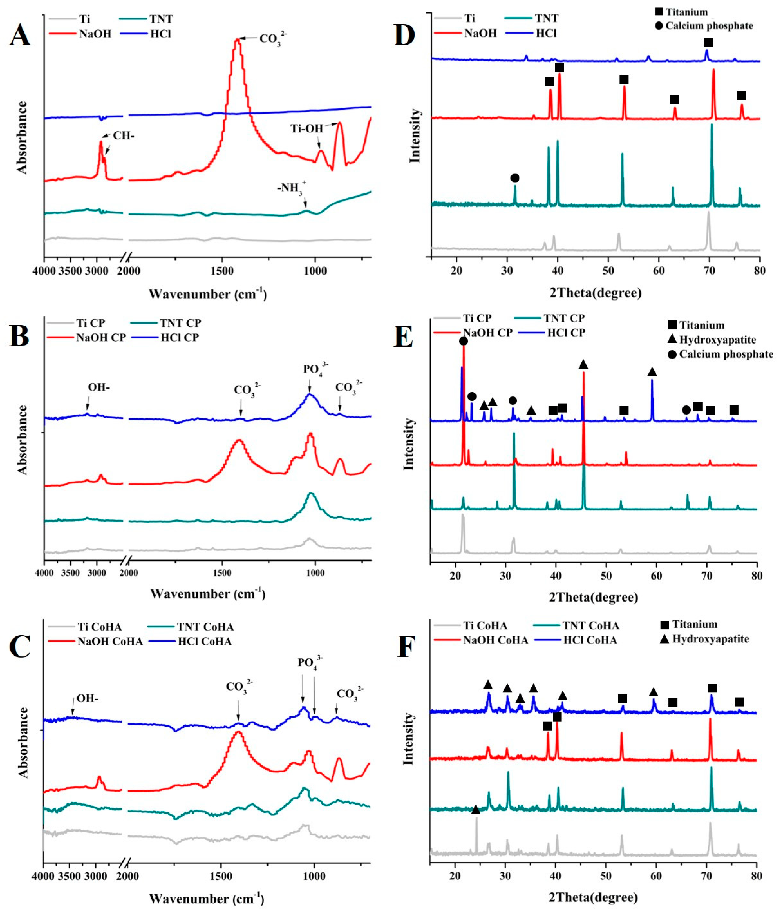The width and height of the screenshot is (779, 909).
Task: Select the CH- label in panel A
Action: coord(124,135)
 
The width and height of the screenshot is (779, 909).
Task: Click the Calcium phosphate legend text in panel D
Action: coord(709,26)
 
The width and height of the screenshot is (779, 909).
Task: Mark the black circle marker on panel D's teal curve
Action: coord(515,178)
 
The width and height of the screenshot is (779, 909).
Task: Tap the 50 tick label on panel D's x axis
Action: coord(608,271)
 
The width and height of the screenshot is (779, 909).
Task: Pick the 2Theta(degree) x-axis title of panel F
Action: coord(593,896)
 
